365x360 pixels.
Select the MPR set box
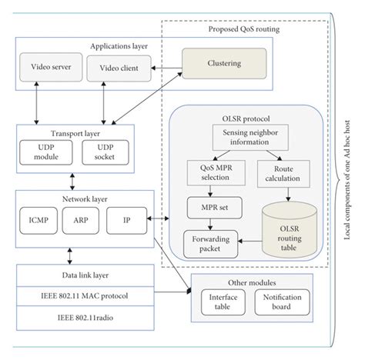(210, 208)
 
